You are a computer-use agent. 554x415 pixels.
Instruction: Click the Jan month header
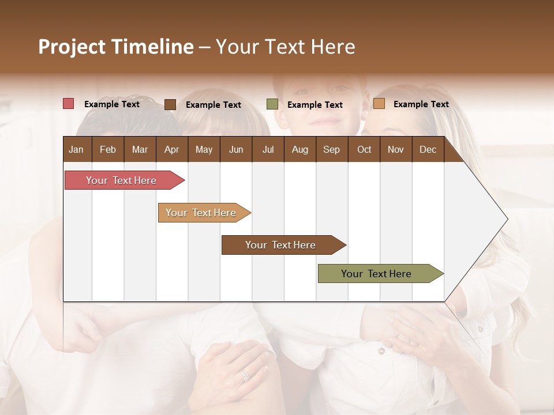coord(76,149)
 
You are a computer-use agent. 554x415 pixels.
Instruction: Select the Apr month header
coord(171,149)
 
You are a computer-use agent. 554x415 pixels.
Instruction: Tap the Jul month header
coord(268,149)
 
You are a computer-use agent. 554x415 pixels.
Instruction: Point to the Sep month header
coord(331,149)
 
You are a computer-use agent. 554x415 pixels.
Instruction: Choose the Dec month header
coord(428,149)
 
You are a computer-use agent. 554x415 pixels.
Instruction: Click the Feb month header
coord(108,149)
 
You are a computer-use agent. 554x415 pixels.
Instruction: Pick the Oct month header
coord(364,149)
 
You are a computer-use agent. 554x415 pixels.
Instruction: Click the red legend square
coord(68,104)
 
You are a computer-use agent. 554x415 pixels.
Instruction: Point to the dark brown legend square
coord(170,104)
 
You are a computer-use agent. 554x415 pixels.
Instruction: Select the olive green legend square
coord(272,104)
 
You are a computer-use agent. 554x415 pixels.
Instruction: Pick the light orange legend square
coord(379,104)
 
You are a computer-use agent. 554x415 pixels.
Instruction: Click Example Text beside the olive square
coord(315,104)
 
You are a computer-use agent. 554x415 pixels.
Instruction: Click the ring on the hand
coord(245,375)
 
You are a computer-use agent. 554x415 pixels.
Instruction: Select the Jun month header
coord(235,149)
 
